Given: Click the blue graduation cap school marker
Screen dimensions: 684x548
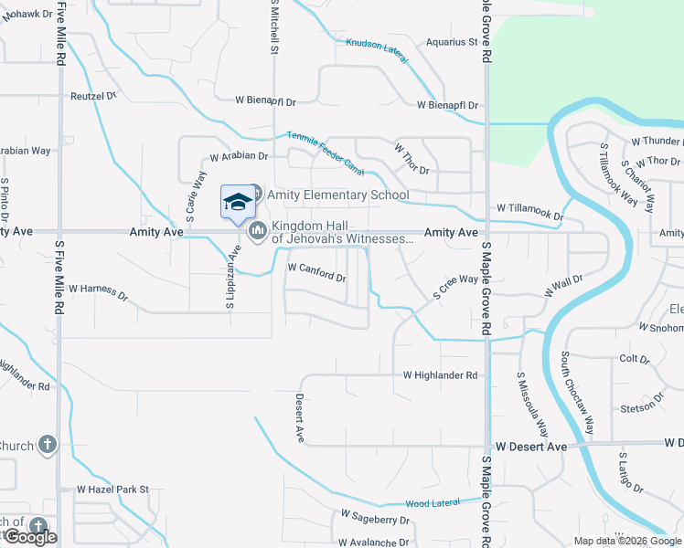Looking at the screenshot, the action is (x=238, y=202).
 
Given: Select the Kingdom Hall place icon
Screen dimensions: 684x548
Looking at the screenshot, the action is (x=258, y=232).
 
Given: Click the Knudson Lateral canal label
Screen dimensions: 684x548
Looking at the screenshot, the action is (x=377, y=43).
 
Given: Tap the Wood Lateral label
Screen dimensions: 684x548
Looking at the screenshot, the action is (x=433, y=503).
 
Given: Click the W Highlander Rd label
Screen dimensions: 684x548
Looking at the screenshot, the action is (x=440, y=375).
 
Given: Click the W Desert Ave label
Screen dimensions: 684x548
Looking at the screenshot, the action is (x=531, y=447).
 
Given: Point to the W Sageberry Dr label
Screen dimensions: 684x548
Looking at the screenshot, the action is (x=374, y=520).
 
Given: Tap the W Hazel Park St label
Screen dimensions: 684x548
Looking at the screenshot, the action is (x=112, y=490).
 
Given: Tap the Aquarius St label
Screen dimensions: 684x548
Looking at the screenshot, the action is (x=453, y=42).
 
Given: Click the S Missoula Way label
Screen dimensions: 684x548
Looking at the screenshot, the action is (x=532, y=403).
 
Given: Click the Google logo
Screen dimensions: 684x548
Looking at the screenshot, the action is (x=30, y=537).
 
